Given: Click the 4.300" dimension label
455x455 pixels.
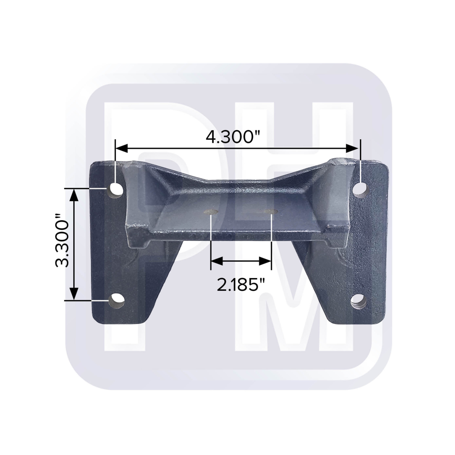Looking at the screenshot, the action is pos(233,136).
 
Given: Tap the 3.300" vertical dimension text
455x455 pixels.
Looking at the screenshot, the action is pos(62,240).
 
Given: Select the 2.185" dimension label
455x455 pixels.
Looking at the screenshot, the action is pos(242,285).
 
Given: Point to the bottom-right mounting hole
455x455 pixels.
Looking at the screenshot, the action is pos(359,302).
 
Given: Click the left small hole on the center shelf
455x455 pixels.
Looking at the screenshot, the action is pos(211,212).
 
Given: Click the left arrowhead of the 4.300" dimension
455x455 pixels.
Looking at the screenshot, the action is pos(121,148).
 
